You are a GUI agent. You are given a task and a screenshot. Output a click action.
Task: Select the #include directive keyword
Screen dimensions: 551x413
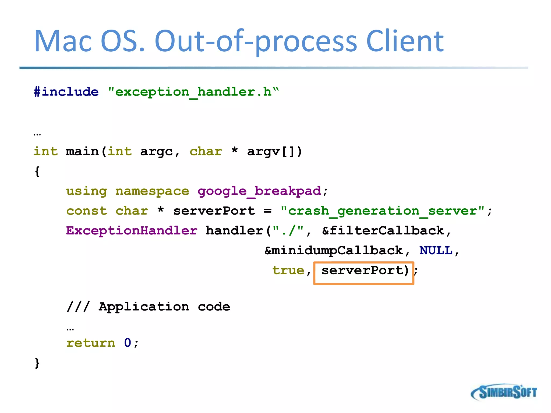coord(66,92)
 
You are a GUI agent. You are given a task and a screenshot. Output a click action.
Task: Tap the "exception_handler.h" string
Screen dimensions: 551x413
coord(193,92)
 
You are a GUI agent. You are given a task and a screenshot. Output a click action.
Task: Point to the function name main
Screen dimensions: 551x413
coord(82,151)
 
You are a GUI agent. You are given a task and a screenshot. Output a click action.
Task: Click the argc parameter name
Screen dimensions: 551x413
coord(156,152)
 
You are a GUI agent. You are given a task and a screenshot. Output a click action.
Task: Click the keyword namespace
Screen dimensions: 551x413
coord(152,191)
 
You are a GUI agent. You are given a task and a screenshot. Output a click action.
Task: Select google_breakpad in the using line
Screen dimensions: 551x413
coord(259,191)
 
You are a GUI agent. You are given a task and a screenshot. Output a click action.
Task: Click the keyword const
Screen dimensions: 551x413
coord(87,211)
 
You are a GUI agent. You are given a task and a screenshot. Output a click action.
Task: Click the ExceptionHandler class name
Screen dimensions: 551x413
coord(132,231)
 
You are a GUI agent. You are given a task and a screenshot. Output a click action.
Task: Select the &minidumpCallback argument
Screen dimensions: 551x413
coord(334,251)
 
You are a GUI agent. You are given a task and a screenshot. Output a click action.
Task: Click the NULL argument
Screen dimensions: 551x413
coord(436,251)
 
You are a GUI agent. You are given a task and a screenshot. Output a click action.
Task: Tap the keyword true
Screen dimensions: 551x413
coord(288,270)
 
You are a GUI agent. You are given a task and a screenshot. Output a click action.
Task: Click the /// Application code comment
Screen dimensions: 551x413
coord(148,307)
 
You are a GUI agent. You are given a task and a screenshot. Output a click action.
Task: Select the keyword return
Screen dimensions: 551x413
coord(91,343)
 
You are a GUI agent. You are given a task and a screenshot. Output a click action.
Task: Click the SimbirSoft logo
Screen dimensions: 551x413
coord(504,392)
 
